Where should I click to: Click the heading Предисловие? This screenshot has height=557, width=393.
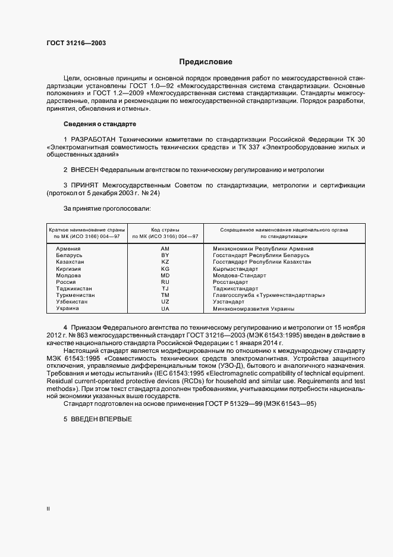[206, 62]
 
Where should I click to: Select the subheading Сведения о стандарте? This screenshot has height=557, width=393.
[99, 124]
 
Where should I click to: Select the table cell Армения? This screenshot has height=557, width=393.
[68, 248]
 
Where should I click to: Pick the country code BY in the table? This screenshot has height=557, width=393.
[165, 255]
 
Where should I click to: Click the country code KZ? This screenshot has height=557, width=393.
[165, 262]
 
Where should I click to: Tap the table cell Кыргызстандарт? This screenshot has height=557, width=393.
[237, 269]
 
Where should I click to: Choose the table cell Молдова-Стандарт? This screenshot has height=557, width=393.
[239, 276]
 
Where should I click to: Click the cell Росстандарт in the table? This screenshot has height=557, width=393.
[231, 282]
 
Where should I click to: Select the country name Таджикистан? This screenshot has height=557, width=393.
[74, 289]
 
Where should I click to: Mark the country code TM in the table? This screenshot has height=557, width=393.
[165, 295]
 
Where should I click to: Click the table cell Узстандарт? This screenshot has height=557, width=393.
[229, 302]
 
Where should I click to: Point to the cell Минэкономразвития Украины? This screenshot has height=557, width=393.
[253, 309]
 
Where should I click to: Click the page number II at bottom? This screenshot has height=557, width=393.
[48, 509]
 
